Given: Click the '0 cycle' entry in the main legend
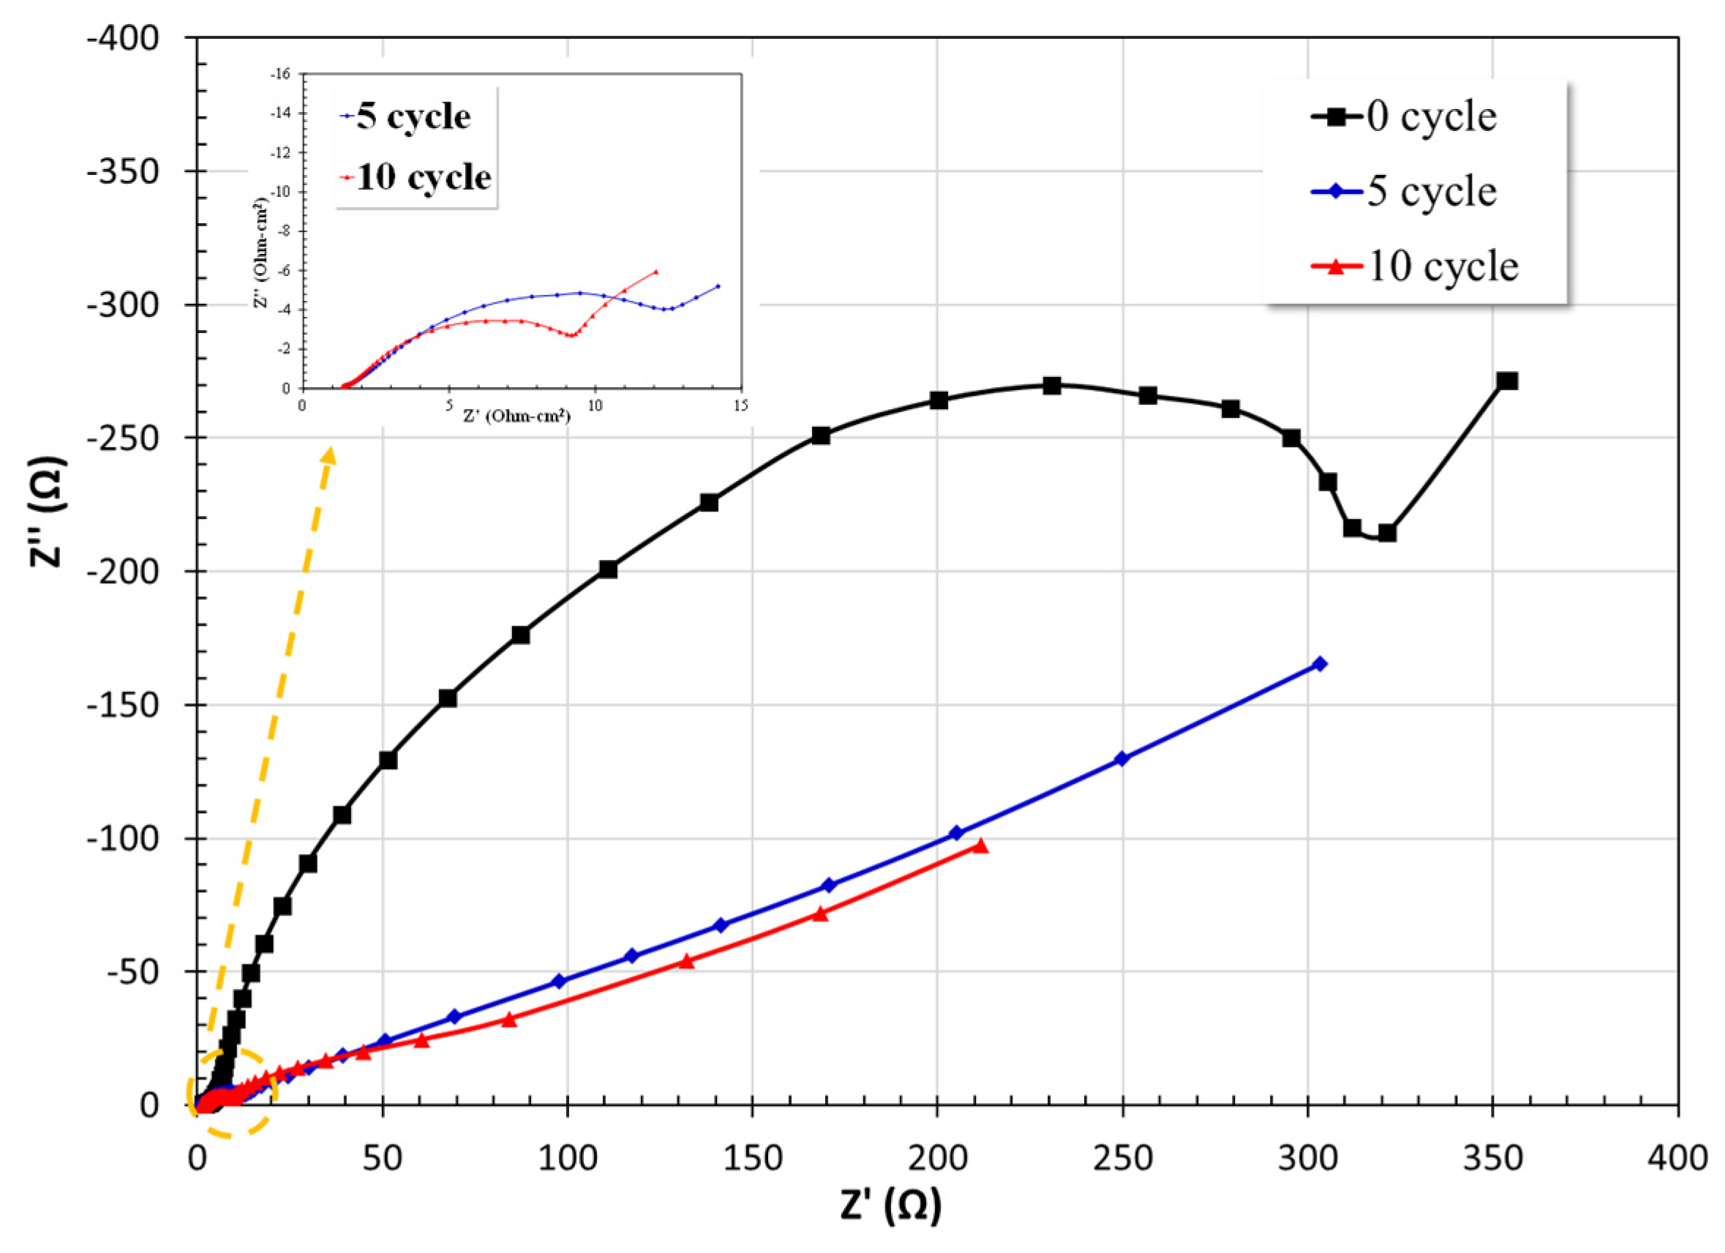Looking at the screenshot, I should point(1431,117).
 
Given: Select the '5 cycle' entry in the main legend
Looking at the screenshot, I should point(1431,192).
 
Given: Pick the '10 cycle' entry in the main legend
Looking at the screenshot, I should point(1441,266).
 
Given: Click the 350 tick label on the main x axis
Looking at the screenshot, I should point(1493,1159).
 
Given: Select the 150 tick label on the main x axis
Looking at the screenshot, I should point(752,1159).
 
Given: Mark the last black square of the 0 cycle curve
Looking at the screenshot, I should point(1508,381).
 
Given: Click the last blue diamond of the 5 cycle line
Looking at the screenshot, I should point(1320,664).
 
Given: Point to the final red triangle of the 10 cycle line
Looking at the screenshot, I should point(981,846).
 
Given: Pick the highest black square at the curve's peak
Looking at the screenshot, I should point(1052,386).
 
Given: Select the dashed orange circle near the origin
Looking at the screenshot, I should point(231,1093).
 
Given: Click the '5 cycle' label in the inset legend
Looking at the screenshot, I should point(413,117).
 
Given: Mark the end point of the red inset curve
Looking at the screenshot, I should point(655,272).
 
